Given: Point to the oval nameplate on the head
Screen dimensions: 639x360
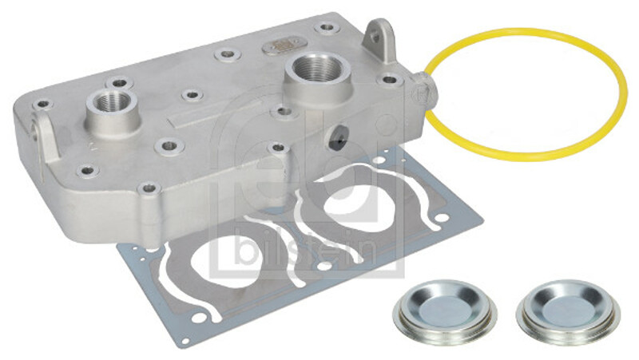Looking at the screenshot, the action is click(284, 45).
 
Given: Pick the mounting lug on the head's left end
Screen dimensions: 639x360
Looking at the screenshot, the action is click(44, 134).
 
